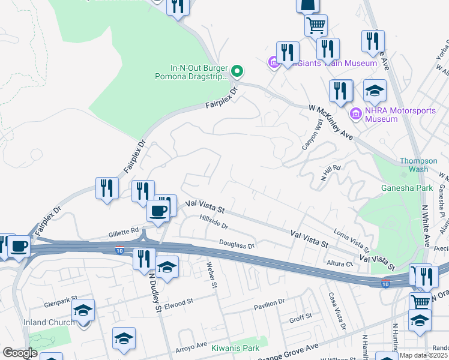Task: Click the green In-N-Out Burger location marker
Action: pos(237,72)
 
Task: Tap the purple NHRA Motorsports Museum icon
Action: pos(355,113)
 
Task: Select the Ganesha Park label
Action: pos(407,188)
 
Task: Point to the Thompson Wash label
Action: pos(423,165)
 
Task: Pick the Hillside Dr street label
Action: pos(214,223)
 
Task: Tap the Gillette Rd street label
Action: pos(124,230)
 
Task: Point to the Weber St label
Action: pos(211,274)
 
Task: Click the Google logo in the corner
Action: pos(19,353)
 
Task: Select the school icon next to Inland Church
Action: pos(83,310)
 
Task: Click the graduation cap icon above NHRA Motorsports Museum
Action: pos(375,91)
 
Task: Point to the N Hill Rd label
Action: pos(331,173)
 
